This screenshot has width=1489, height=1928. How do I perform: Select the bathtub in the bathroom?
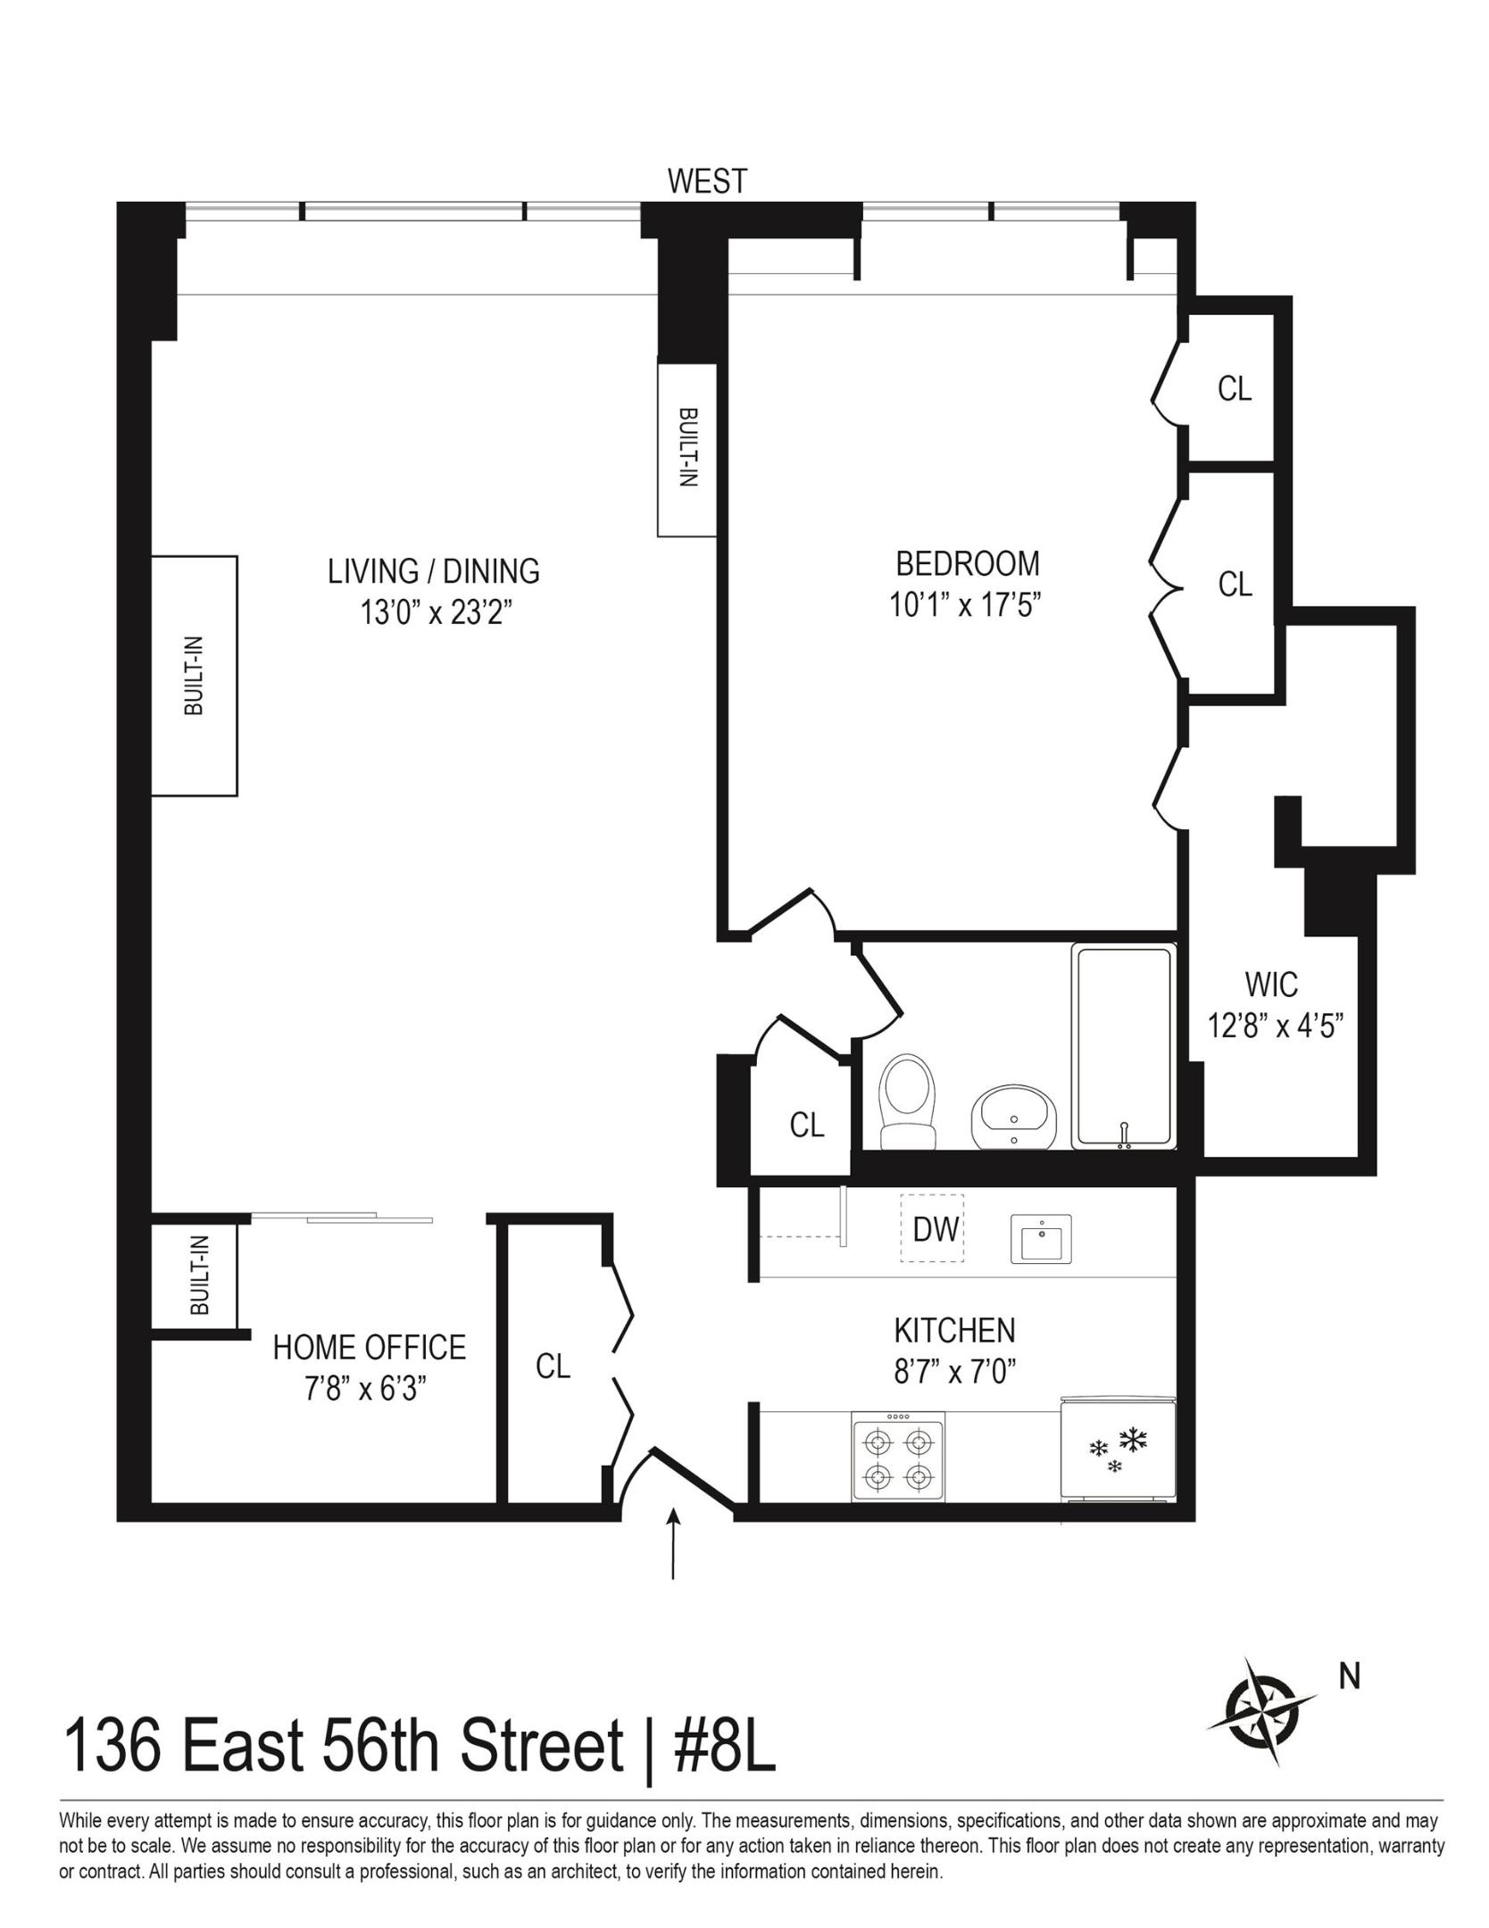pos(1124,1047)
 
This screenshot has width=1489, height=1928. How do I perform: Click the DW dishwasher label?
pos(935,1230)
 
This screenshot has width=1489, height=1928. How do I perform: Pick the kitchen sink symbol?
pos(1040,1238)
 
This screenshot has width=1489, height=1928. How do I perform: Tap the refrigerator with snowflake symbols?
pos(1118,1448)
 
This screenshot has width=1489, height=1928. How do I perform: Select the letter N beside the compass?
pos(1349,1677)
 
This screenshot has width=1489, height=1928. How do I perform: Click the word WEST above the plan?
pos(707,181)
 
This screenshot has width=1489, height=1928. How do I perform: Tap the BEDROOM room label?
pos(967,564)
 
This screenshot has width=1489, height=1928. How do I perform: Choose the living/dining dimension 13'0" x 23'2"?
pos(435,612)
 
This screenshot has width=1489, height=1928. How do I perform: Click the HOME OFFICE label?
pos(369,1347)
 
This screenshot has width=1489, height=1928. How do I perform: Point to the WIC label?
pos(1271,985)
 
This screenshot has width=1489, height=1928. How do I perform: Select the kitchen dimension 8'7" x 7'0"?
pos(955,1370)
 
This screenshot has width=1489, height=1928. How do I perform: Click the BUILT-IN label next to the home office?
pos(200,1276)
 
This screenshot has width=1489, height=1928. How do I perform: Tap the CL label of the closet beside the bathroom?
pos(807,1126)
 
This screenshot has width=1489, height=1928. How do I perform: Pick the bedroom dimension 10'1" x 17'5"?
pos(967,605)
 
